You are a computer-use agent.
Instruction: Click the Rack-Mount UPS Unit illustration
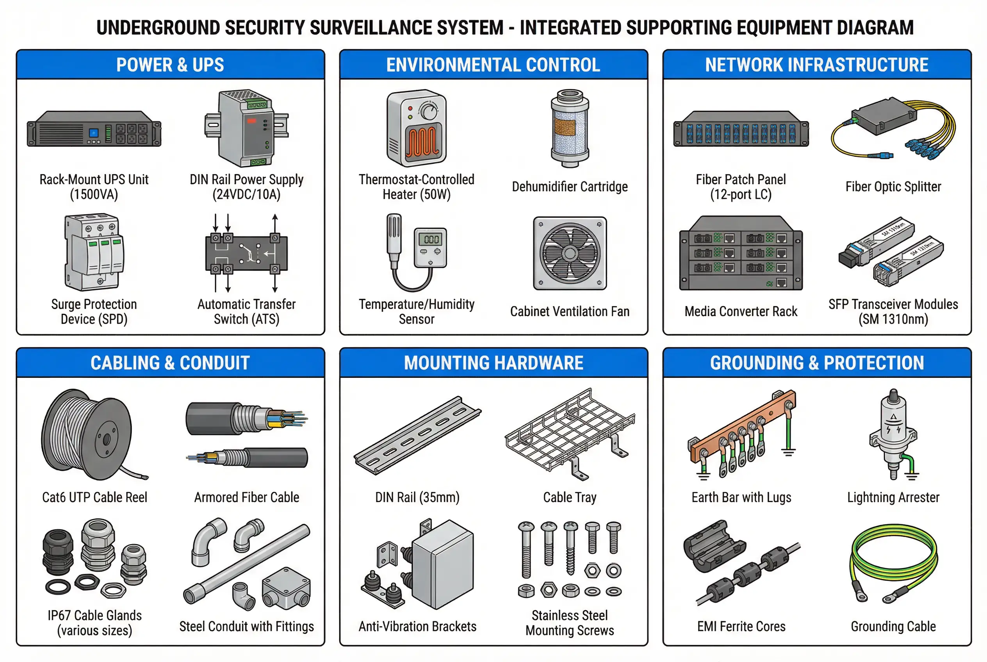(94, 129)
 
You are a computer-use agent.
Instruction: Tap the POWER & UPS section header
(170, 65)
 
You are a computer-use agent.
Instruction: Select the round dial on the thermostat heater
(429, 112)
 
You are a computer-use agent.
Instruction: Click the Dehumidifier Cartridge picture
(570, 129)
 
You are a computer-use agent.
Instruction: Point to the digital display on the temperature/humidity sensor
(431, 239)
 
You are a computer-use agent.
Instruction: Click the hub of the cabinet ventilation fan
(570, 254)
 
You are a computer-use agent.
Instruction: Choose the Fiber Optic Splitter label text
(893, 187)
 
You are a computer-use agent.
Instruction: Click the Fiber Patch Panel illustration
(741, 129)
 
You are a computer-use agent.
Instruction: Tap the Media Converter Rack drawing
(741, 254)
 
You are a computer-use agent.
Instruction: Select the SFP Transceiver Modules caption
(893, 311)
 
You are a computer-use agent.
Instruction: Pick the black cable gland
(58, 551)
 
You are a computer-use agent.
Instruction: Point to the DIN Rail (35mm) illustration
(417, 435)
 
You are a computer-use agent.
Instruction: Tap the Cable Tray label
(570, 497)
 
